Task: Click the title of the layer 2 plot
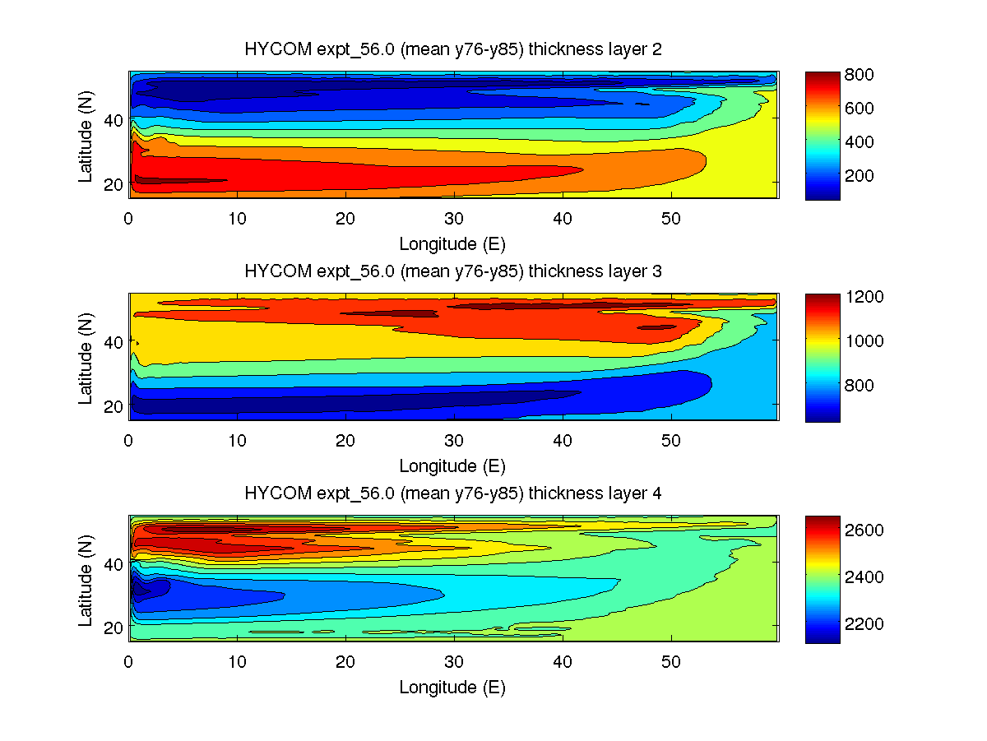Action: coord(453,49)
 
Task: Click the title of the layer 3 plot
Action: coord(453,271)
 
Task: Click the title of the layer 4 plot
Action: coord(453,493)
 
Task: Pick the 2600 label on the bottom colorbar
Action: coord(864,530)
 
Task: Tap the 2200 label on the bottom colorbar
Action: coord(864,623)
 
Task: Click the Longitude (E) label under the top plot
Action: coord(452,244)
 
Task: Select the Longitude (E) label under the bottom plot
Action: coord(452,688)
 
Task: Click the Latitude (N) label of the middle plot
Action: coord(86,357)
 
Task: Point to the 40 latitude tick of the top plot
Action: coord(113,120)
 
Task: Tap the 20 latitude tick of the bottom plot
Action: coord(113,627)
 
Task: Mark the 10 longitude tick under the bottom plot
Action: coord(237,661)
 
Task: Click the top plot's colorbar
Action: coord(822,135)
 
